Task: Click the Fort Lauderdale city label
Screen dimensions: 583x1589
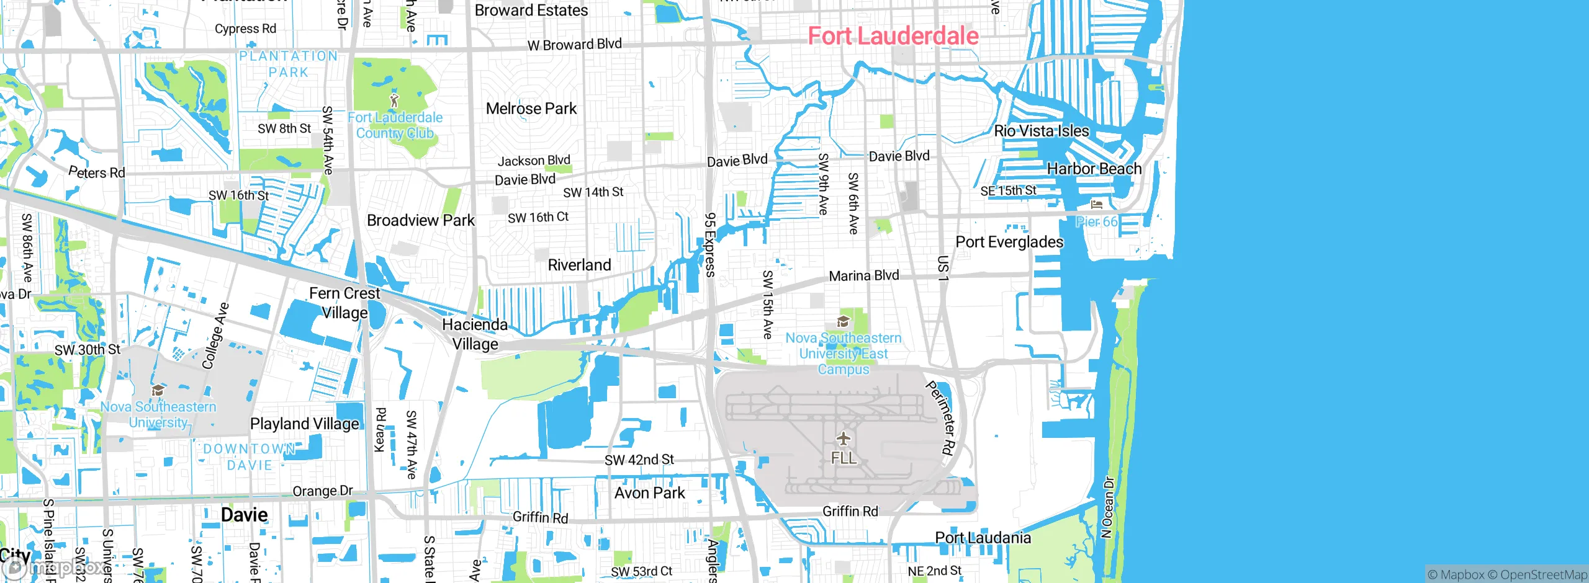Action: pos(893,36)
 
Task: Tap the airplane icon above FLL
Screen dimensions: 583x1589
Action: pos(843,439)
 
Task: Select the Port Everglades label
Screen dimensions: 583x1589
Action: pos(1009,242)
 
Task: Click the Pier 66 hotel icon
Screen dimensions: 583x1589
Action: pos(1096,205)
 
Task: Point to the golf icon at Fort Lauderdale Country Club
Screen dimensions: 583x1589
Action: pos(394,100)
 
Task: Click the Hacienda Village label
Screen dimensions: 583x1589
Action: pos(475,334)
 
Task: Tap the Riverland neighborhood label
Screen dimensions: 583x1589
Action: pos(579,265)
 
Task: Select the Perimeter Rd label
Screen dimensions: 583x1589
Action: pos(940,418)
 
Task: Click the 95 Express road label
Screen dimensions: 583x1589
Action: pos(710,244)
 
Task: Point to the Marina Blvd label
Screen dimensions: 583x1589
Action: pos(863,275)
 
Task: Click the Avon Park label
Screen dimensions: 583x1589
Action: pos(649,493)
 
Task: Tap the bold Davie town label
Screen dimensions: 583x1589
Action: pos(245,515)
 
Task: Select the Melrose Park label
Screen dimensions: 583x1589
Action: pos(531,109)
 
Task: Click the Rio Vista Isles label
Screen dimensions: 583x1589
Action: pos(1042,131)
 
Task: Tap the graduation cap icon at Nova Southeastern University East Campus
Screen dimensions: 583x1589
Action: pos(843,321)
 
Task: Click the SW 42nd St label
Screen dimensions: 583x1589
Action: pos(639,460)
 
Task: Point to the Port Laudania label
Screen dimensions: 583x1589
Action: pos(983,538)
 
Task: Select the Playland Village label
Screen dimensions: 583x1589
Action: pos(304,424)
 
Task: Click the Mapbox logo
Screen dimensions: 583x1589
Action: pos(53,567)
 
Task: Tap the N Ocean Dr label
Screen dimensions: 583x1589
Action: pos(1107,507)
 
